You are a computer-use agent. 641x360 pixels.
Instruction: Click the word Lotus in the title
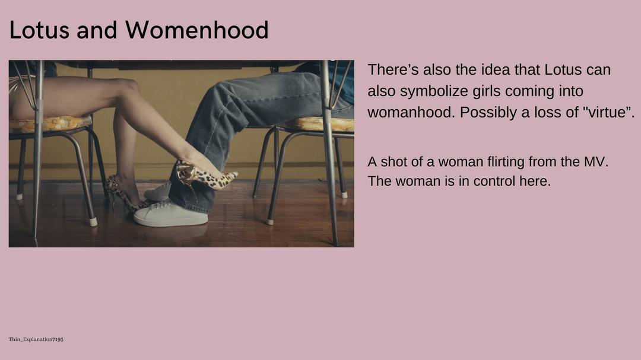(x=39, y=30)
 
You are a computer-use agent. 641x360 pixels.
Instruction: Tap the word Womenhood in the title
(x=197, y=30)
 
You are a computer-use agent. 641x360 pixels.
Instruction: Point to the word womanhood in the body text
(x=411, y=112)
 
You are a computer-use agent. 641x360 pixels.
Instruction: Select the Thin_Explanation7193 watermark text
(x=36, y=339)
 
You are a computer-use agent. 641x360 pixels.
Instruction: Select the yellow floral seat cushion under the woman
(x=50, y=124)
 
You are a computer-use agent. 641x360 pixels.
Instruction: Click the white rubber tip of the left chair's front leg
(x=94, y=222)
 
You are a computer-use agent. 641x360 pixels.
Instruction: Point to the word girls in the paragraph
(x=487, y=91)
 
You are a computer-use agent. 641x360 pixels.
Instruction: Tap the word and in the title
(x=97, y=30)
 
